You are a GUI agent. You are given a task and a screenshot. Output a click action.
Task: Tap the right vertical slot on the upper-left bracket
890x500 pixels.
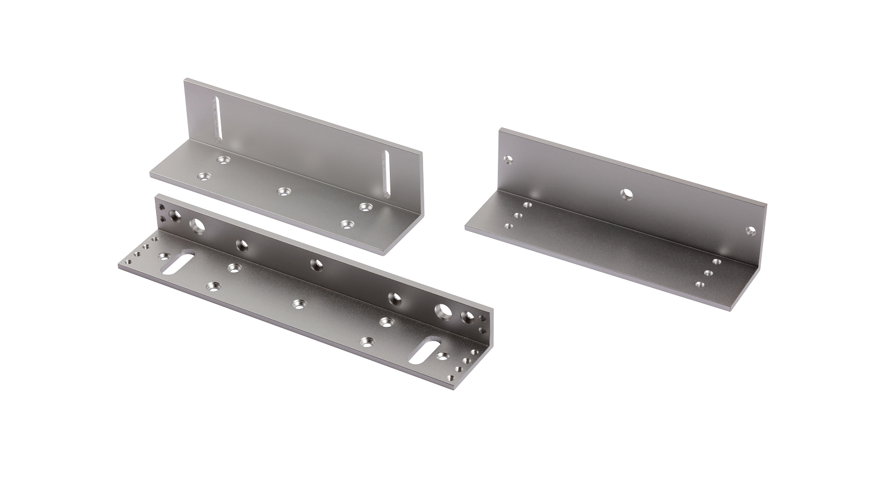click(x=386, y=174)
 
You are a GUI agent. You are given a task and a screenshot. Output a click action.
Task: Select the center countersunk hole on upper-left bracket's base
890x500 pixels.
click(x=284, y=191)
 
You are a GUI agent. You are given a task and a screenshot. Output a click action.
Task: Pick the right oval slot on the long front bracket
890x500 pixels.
click(x=424, y=350)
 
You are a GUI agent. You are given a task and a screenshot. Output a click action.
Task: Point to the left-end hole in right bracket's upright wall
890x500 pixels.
click(x=508, y=160)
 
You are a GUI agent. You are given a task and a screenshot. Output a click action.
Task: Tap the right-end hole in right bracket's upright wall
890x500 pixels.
click(x=751, y=230)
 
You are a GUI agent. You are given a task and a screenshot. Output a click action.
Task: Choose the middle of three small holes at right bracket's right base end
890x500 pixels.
click(x=708, y=273)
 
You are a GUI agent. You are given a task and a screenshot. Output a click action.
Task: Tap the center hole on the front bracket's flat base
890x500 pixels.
click(x=298, y=304)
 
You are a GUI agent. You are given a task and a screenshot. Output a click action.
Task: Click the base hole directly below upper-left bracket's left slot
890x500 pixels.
click(x=223, y=160)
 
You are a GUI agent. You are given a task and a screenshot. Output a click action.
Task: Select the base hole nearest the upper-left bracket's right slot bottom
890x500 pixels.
click(x=364, y=206)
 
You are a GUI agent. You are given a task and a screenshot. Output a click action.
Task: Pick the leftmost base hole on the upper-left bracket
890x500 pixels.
click(x=205, y=177)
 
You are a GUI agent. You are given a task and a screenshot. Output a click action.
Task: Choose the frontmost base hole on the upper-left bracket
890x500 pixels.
click(x=347, y=225)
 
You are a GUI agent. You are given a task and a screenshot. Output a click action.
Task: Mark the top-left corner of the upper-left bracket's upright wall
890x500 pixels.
click(x=186, y=78)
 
